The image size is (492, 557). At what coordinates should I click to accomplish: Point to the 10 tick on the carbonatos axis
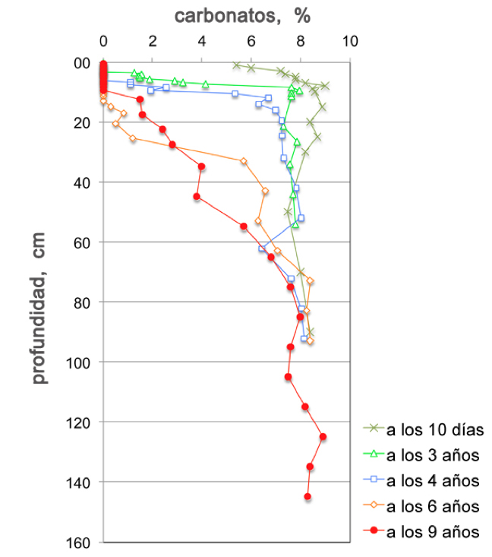(x=350, y=40)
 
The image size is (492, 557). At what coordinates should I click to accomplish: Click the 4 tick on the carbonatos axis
(x=202, y=40)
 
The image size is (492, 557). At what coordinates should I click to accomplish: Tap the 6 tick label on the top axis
(x=251, y=40)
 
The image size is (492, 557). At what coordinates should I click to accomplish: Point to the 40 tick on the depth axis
(x=81, y=182)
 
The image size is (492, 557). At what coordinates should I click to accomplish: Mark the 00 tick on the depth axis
(x=81, y=63)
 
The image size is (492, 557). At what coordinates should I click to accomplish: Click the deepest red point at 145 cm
(x=307, y=496)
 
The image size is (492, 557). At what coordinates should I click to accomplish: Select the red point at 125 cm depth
(x=323, y=436)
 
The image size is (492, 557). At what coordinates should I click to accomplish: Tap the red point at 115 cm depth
(x=305, y=407)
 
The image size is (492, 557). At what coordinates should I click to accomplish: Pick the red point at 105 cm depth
(x=289, y=377)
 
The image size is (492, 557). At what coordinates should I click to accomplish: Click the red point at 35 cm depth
(x=201, y=166)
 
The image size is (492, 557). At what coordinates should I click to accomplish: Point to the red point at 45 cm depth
(x=197, y=197)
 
